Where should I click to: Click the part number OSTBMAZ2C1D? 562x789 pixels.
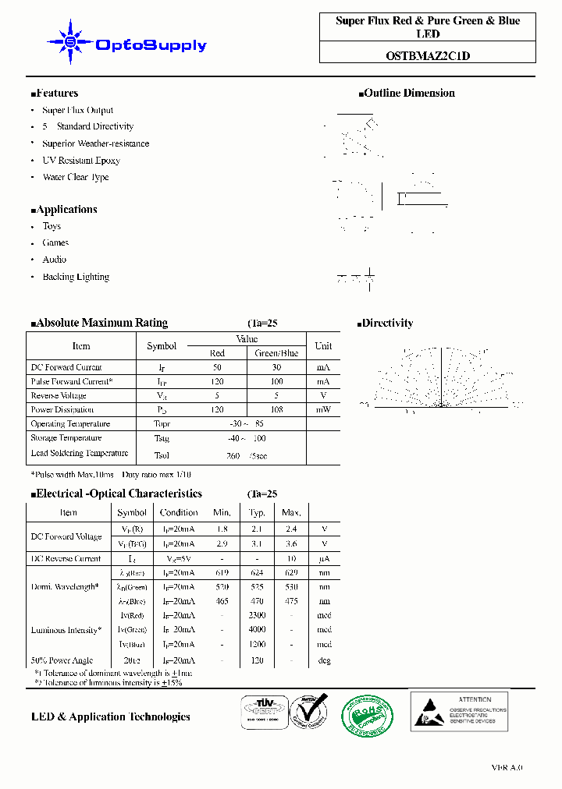428,55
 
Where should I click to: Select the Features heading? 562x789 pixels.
55,93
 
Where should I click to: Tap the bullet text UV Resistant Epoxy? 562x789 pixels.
81,161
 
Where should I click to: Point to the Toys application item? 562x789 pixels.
52,226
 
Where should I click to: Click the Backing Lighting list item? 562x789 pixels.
76,277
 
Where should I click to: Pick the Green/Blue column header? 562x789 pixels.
277,353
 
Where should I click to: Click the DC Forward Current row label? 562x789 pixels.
66,367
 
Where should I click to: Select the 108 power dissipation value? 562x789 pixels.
277,409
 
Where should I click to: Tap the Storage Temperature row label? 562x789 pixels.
66,438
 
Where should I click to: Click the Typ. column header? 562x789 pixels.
257,512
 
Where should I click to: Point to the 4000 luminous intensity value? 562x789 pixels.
257,630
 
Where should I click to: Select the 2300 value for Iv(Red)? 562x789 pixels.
257,615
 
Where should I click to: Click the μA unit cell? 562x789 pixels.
325,558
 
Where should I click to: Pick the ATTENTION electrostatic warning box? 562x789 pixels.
459,710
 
